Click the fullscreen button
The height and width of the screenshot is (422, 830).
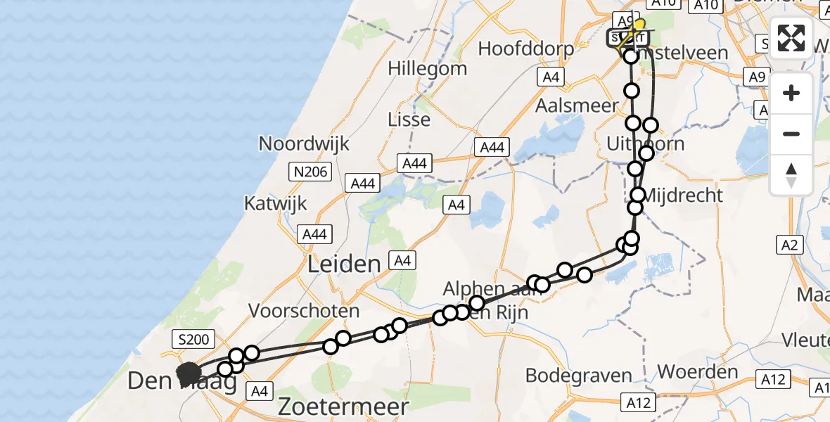click(x=791, y=38)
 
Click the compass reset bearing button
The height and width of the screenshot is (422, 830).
click(x=791, y=175)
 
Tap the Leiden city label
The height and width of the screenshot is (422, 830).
click(x=345, y=264)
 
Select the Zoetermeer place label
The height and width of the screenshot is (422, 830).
click(x=343, y=406)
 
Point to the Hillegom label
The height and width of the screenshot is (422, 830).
click(x=428, y=69)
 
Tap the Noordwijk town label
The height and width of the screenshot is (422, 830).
click(x=304, y=144)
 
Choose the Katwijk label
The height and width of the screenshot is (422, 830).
click(x=276, y=204)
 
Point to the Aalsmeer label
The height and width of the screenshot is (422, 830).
click(x=576, y=105)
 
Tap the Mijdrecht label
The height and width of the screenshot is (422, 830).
click(x=683, y=195)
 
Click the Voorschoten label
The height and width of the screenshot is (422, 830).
click(x=304, y=310)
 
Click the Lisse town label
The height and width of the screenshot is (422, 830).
click(x=409, y=120)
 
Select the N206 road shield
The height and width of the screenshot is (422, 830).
click(x=310, y=171)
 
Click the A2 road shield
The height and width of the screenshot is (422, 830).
click(x=790, y=245)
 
